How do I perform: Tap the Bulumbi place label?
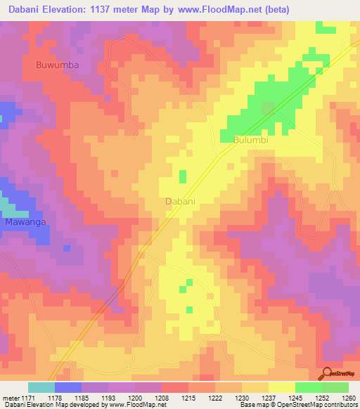(251, 140)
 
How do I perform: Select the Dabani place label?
(179, 201)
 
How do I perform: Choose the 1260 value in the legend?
(349, 397)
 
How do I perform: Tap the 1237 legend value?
(268, 397)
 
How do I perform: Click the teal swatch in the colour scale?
(41, 387)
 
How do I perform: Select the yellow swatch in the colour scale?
(281, 387)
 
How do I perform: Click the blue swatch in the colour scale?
(68, 387)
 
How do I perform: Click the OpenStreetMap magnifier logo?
(327, 373)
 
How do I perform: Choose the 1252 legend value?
(323, 397)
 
